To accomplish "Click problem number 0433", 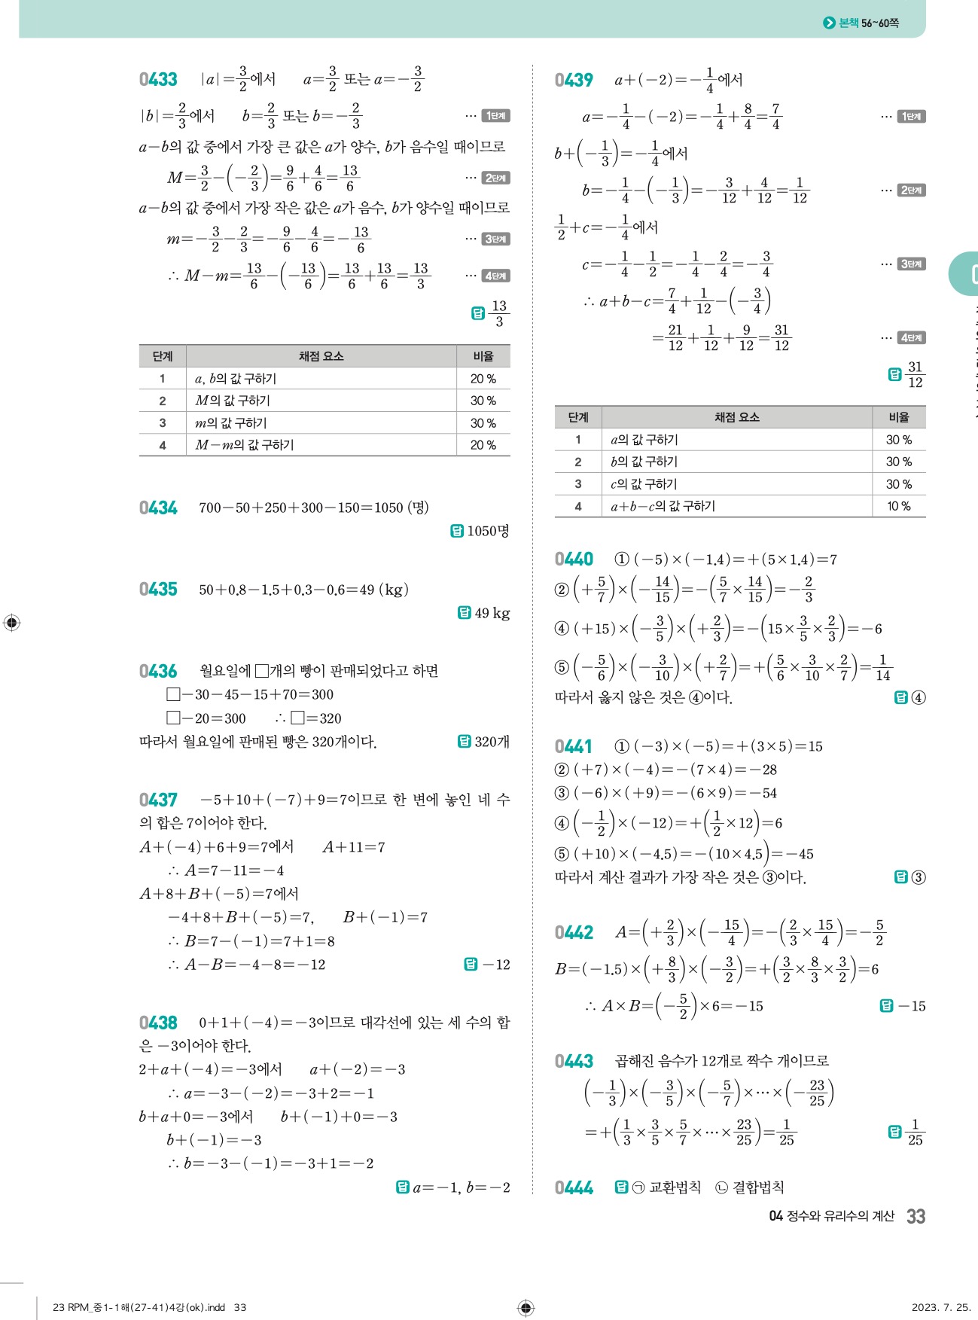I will (158, 80).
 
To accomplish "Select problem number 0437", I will (158, 800).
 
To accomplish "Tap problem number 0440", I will (574, 559).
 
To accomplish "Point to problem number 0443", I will (574, 1061).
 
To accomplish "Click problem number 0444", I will (574, 1187).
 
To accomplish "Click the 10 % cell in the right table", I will (898, 506).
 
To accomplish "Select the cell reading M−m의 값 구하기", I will (245, 445).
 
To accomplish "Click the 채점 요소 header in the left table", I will (321, 356).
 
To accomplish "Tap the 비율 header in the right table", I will (898, 417).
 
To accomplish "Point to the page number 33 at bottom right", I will (916, 1216).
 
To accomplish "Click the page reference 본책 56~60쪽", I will (868, 23).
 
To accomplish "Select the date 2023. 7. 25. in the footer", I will (940, 1307).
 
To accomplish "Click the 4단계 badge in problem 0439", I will (912, 338).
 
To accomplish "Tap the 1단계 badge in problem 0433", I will (496, 116).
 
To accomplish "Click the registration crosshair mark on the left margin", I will (12, 623).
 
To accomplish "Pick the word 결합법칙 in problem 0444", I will (758, 1187).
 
